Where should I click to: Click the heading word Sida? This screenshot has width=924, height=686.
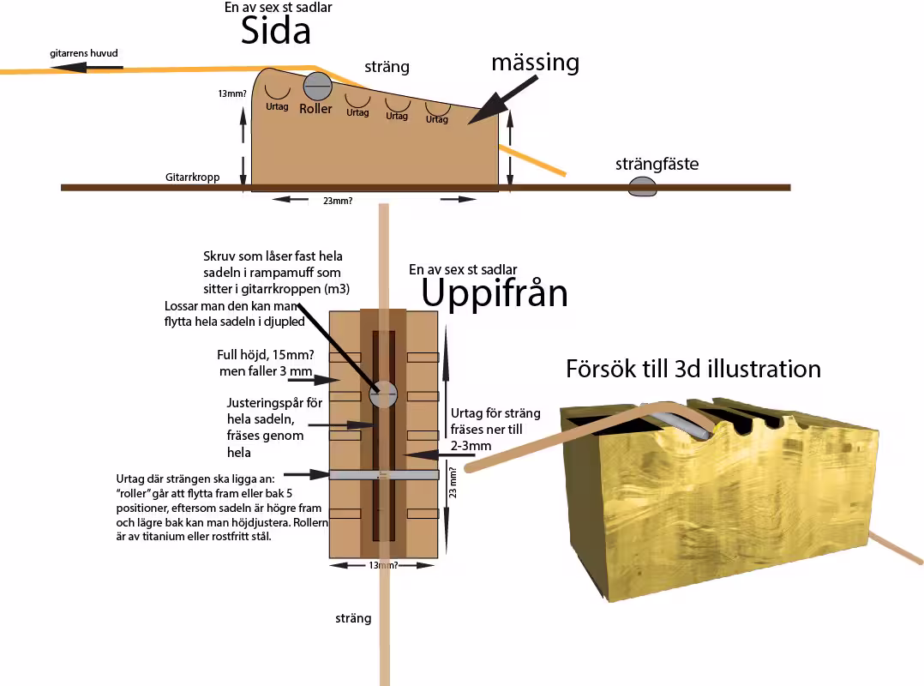[x=274, y=32]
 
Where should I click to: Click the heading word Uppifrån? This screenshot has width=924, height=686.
[x=495, y=293]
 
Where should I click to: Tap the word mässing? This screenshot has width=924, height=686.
[x=535, y=63]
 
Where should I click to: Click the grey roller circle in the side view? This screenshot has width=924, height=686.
[x=317, y=86]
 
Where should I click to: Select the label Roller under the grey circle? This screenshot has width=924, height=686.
[x=315, y=109]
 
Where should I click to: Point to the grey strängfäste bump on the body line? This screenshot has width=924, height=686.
[x=642, y=187]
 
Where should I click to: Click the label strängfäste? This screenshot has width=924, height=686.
[x=657, y=163]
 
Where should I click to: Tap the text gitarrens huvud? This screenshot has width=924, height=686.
[x=84, y=53]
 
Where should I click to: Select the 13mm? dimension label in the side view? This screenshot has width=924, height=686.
[x=232, y=94]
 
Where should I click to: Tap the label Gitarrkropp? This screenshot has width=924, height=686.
[x=193, y=178]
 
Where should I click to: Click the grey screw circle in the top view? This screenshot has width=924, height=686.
[x=383, y=394]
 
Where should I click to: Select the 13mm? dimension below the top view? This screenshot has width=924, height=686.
[x=384, y=565]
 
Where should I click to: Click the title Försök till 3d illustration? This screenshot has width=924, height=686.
[x=693, y=368]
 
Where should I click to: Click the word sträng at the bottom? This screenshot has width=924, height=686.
[x=353, y=617]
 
